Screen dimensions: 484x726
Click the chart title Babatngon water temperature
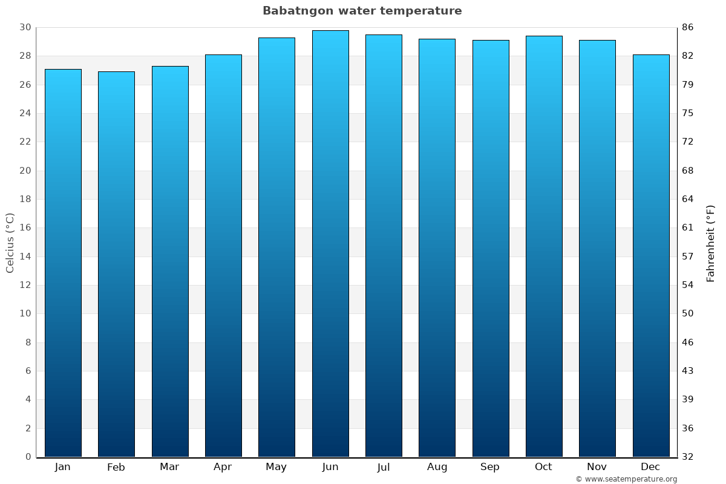click(x=362, y=11)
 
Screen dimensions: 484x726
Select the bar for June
click(x=330, y=242)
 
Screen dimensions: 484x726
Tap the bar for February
click(x=116, y=263)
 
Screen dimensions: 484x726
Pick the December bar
click(x=651, y=254)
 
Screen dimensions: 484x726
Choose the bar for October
click(x=544, y=245)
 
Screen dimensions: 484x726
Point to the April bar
click(x=223, y=254)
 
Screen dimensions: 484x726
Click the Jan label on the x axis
click(x=63, y=467)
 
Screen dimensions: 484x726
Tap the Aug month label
click(x=437, y=467)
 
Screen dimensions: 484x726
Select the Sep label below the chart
click(x=490, y=467)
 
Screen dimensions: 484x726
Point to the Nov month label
click(x=597, y=467)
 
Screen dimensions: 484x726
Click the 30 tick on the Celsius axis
click(x=25, y=27)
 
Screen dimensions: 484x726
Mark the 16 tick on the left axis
click(x=25, y=227)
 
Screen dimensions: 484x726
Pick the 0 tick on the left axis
click(x=28, y=457)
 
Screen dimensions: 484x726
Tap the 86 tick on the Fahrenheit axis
click(x=687, y=27)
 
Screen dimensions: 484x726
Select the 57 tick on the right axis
click(x=687, y=257)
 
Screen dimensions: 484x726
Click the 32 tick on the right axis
click(x=687, y=457)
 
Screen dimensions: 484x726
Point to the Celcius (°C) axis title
click(x=10, y=243)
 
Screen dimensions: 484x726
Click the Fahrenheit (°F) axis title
click(x=711, y=243)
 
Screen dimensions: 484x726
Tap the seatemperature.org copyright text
click(x=626, y=479)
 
